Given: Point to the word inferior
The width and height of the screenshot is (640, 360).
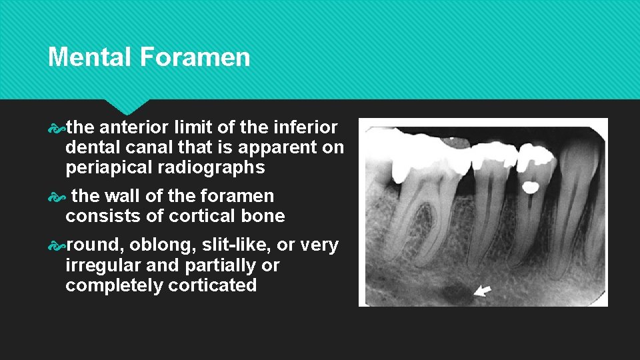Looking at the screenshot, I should (309, 127).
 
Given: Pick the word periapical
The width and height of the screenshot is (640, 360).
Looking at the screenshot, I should (107, 167).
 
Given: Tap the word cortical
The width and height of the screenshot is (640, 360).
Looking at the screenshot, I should (207, 216).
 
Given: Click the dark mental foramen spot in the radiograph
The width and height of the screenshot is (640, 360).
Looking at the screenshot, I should (457, 293).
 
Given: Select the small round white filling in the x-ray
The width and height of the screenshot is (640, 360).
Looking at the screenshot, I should (531, 187).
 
